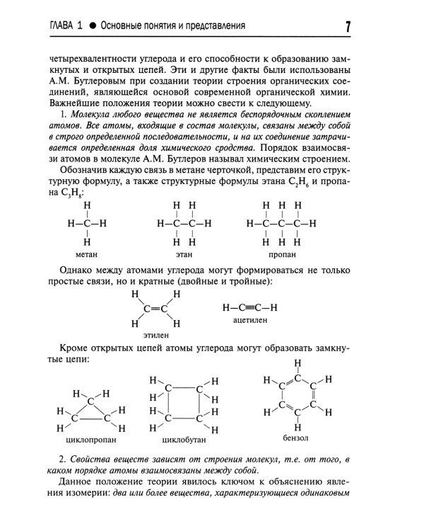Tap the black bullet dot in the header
coord(92,26)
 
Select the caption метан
coord(87,254)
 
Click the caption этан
coord(184,254)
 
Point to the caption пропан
coord(283,254)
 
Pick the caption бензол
coord(295,438)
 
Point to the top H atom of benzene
coord(298,364)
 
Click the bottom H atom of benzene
coord(298,427)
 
